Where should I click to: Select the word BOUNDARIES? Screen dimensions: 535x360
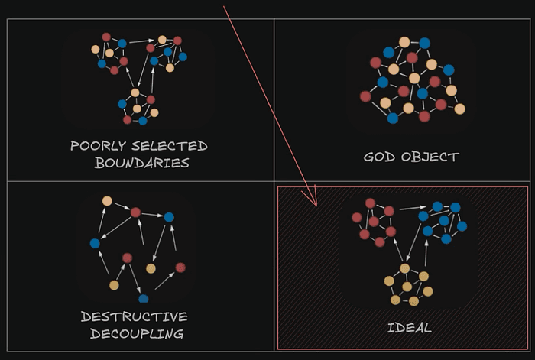point(142,163)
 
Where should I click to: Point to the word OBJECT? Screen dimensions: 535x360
point(430,157)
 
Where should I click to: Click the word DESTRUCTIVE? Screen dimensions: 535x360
point(134,316)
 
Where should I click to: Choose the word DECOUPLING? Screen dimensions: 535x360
point(137,333)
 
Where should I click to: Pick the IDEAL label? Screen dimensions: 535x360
point(410,328)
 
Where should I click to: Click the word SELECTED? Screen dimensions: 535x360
point(170,146)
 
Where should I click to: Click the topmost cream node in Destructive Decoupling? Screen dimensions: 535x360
point(107,201)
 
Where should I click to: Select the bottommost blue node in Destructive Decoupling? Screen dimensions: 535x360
point(144,299)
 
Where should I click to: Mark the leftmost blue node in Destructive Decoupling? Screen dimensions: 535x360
point(95,243)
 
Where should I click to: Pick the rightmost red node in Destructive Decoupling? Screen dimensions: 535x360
point(180,268)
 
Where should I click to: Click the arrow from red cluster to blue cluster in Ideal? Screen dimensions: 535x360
point(413,208)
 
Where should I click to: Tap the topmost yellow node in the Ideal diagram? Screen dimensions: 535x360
point(404,268)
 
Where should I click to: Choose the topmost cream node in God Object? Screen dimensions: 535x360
point(404,42)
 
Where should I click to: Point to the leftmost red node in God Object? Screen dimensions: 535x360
point(365,96)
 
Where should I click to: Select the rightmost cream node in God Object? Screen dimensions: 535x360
point(459,109)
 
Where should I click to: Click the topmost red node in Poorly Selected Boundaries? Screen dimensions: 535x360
point(106,37)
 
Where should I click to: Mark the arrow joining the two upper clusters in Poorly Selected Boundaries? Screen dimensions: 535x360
point(141,41)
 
